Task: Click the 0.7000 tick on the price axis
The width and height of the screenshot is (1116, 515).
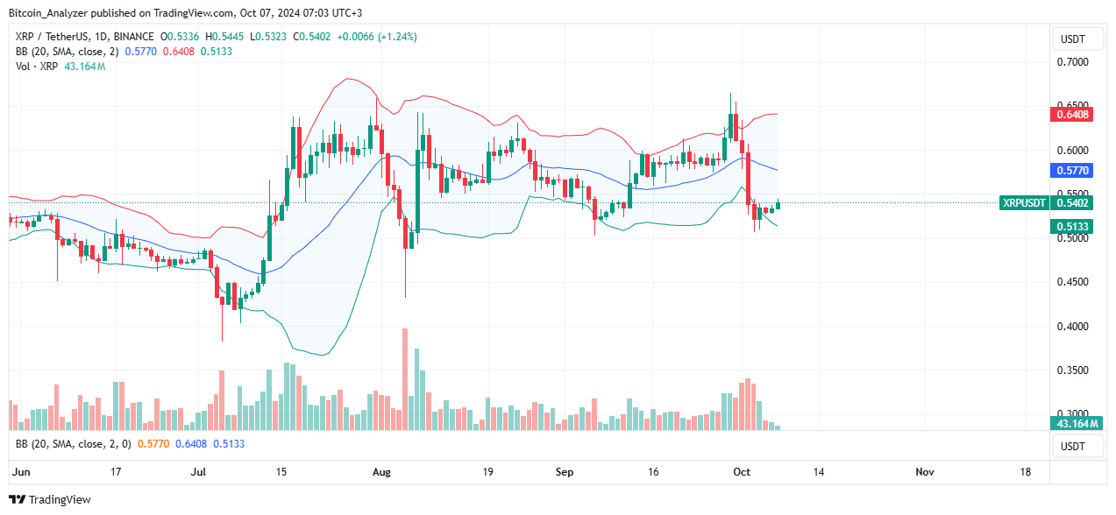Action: pos(1071,62)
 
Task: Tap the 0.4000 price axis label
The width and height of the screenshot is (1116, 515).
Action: pos(1071,327)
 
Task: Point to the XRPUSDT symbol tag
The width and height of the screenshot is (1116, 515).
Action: pos(1023,203)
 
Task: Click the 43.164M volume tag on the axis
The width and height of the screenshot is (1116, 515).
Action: pos(1070,424)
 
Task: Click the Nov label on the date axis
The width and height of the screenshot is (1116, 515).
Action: pos(924,472)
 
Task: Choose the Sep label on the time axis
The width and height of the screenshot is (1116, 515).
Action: pos(565,472)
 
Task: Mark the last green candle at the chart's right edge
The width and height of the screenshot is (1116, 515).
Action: pos(778,205)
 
